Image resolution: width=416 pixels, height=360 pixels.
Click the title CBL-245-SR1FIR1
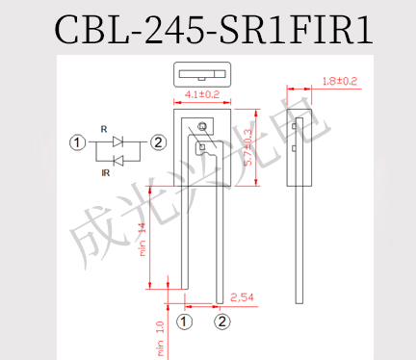pyautogui.click(x=214, y=30)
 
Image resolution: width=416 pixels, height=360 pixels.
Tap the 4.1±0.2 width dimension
pyautogui.click(x=202, y=94)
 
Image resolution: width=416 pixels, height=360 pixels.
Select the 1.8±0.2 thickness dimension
pyautogui.click(x=340, y=81)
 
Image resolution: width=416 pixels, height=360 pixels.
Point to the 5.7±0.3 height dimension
pyautogui.click(x=248, y=147)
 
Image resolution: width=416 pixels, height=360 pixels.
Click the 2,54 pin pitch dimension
pyautogui.click(x=242, y=297)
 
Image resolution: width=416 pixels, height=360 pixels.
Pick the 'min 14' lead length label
pyautogui.click(x=143, y=240)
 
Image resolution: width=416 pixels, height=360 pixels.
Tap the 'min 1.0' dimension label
pyautogui.click(x=160, y=339)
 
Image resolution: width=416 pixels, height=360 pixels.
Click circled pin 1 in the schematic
pyautogui.click(x=77, y=142)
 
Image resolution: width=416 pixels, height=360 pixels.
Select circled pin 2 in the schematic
pyautogui.click(x=158, y=142)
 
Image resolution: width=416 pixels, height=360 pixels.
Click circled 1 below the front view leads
pyautogui.click(x=184, y=321)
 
